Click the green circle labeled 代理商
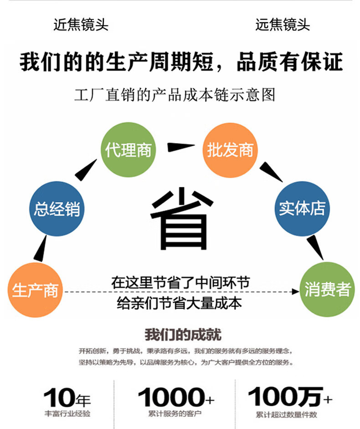click(128, 150)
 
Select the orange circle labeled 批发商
click(230, 150)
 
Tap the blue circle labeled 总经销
click(57, 209)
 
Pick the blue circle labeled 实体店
click(302, 209)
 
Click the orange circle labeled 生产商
click(35, 290)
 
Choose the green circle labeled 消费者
click(327, 290)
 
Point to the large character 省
click(181, 218)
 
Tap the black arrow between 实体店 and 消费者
click(314, 247)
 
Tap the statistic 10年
click(67, 398)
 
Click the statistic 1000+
click(175, 397)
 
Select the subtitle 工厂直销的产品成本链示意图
click(175, 94)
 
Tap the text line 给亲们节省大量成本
click(179, 303)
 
